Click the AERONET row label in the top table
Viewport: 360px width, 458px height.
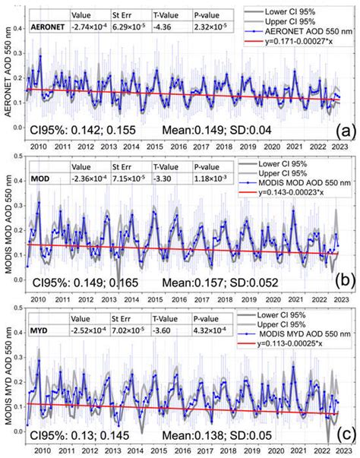(x=45, y=26)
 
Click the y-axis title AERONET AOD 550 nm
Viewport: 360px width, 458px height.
(x=8, y=76)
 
